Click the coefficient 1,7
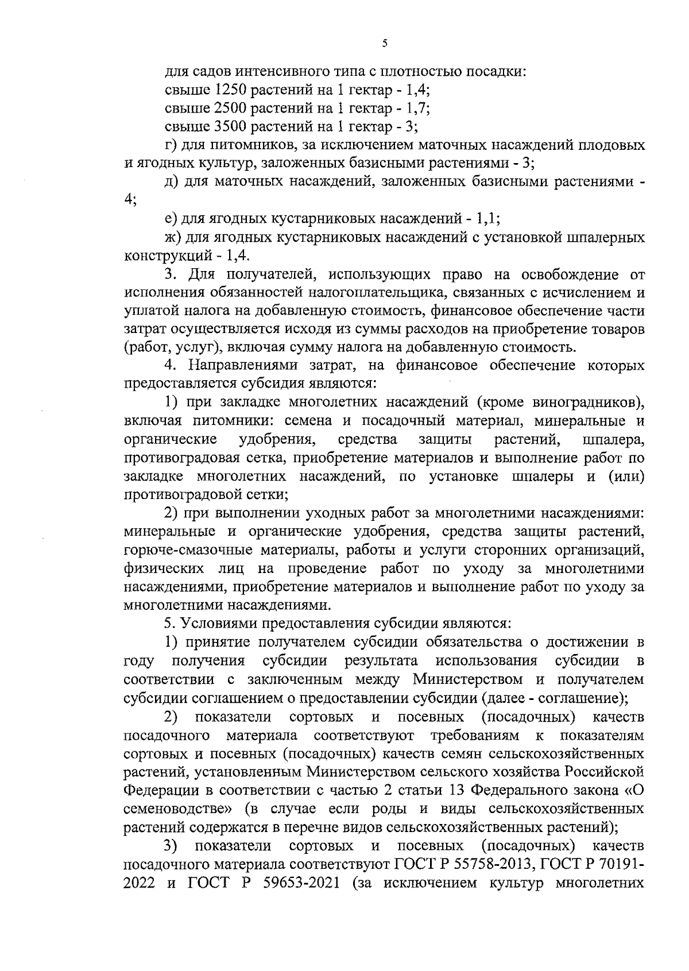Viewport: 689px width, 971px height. (x=418, y=108)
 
